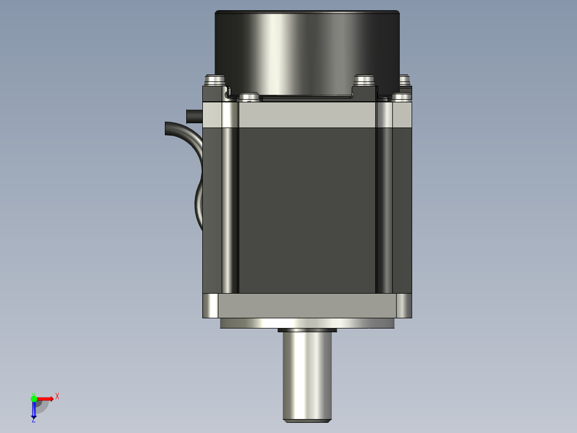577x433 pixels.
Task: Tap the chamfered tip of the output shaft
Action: point(307,421)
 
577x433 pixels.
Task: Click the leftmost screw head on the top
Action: point(215,80)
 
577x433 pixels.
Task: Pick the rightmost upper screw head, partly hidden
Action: point(405,80)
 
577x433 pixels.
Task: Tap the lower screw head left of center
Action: point(249,97)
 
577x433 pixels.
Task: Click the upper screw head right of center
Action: point(364,80)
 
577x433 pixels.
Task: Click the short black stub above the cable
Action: point(194,116)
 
